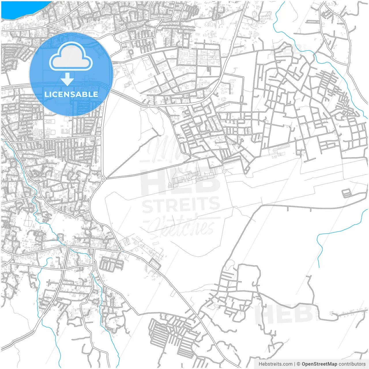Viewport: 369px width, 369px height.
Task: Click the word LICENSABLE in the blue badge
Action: coord(71,94)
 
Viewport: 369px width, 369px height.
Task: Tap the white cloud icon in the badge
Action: coord(71,57)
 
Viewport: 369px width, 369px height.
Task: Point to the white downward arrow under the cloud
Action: coord(67,79)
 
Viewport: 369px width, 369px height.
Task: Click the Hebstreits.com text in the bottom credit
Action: coord(275,364)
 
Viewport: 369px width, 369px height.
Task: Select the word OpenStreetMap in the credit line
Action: coord(319,364)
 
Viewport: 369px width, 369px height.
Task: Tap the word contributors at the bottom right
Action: coord(352,364)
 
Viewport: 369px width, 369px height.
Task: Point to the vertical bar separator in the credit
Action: coord(294,364)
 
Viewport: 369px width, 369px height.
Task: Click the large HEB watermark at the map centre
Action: coord(180,182)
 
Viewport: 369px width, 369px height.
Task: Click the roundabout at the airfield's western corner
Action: coord(103,179)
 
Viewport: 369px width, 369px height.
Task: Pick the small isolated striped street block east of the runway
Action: coord(347,193)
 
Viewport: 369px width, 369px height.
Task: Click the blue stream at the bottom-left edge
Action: coord(55,340)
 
